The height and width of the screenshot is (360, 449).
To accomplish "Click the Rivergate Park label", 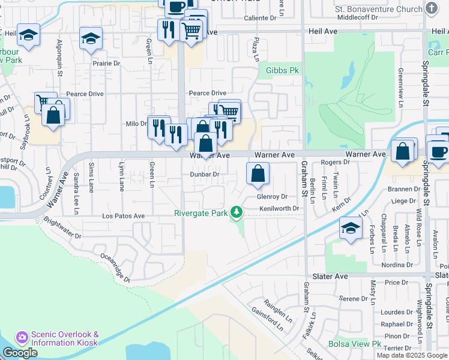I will click(201, 212).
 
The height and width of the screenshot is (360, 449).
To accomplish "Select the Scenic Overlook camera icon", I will click(22, 338).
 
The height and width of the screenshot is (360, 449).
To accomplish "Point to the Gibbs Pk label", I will click(282, 70).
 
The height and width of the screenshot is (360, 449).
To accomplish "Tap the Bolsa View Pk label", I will click(355, 344).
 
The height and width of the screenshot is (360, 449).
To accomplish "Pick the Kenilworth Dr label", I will click(279, 208).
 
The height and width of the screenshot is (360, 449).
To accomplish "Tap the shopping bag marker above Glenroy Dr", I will click(258, 174).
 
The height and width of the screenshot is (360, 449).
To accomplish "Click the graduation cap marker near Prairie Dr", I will click(91, 40).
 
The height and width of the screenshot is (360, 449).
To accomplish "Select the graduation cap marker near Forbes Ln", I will click(351, 229).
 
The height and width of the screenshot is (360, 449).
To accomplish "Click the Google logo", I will click(20, 353).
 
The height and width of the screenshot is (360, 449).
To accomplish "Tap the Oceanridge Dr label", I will click(116, 266).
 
